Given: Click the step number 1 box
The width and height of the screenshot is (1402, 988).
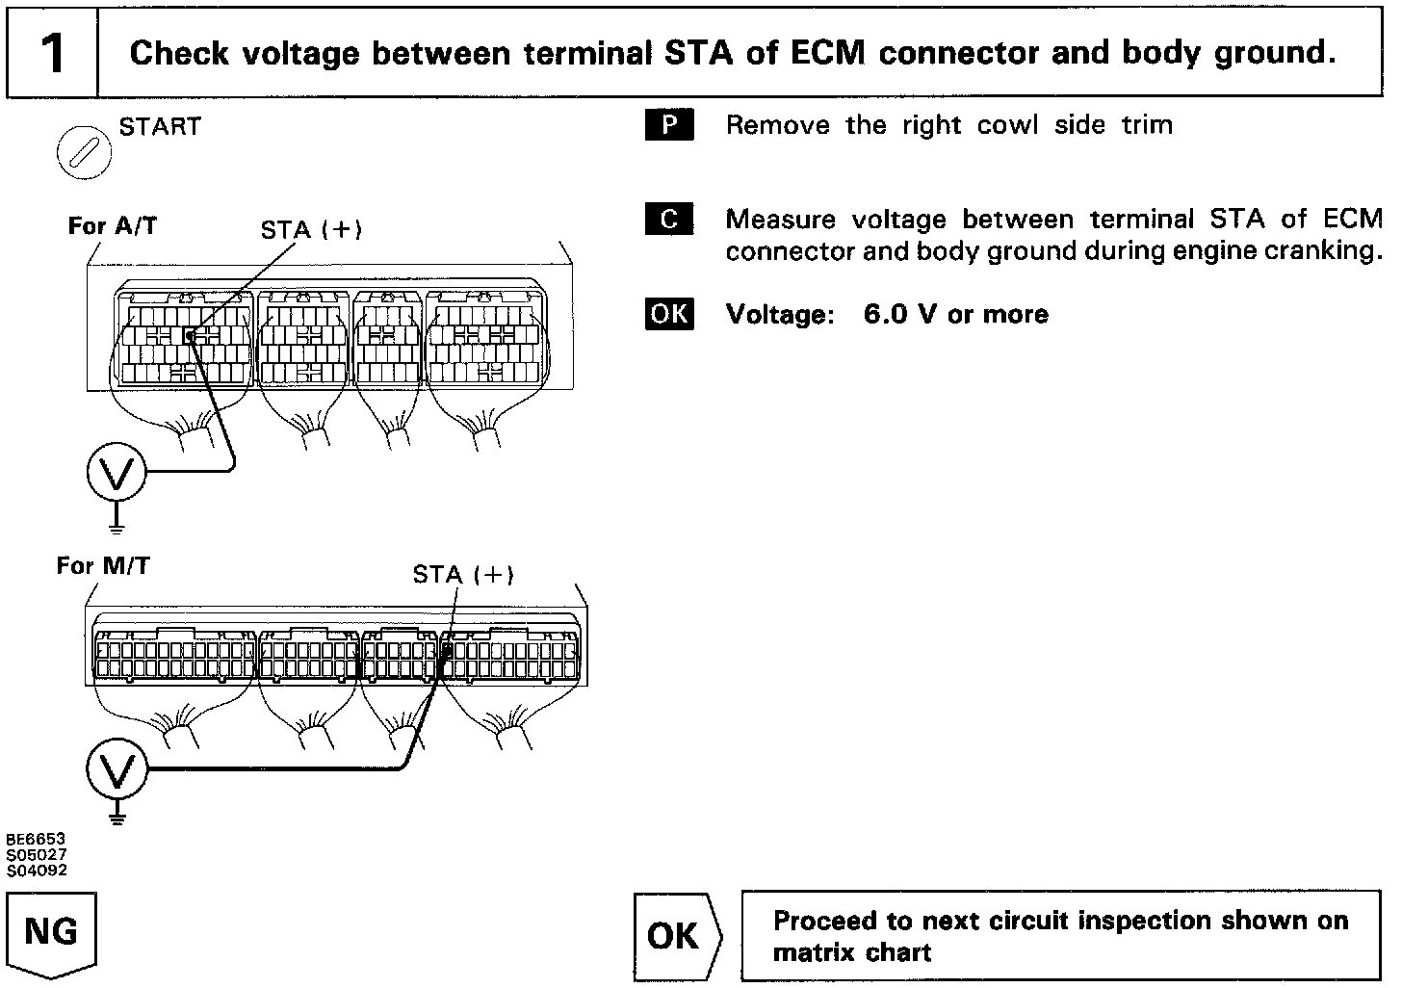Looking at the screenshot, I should tap(53, 53).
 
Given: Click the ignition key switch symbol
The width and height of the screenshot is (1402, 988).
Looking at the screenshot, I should tap(85, 153).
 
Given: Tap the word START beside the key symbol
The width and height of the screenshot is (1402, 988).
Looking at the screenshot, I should tap(160, 127).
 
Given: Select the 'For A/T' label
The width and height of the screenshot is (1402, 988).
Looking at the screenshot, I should tap(112, 226).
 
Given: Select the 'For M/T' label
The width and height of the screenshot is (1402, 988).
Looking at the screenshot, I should tap(103, 565).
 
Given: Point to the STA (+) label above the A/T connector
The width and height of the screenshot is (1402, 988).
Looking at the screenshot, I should tap(311, 230).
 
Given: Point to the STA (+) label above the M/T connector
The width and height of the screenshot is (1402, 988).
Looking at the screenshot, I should tap(463, 575).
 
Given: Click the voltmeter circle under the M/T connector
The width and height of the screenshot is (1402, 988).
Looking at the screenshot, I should tap(117, 770).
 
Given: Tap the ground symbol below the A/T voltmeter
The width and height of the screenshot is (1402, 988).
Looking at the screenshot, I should tap(117, 525).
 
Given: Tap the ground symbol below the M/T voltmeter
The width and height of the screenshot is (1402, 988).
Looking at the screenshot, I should tap(117, 819).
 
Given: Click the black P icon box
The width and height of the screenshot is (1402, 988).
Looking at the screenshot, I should tap(669, 126).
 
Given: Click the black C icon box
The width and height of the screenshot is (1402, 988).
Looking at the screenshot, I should tap(669, 221).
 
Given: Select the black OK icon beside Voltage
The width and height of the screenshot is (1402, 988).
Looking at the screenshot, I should tap(669, 315).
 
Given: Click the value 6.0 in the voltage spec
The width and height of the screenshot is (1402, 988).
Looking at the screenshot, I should tap(885, 315).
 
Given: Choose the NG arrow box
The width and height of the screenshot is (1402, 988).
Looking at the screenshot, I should tap(52, 933).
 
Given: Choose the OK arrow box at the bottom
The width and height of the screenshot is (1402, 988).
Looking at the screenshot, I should tap(676, 936).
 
